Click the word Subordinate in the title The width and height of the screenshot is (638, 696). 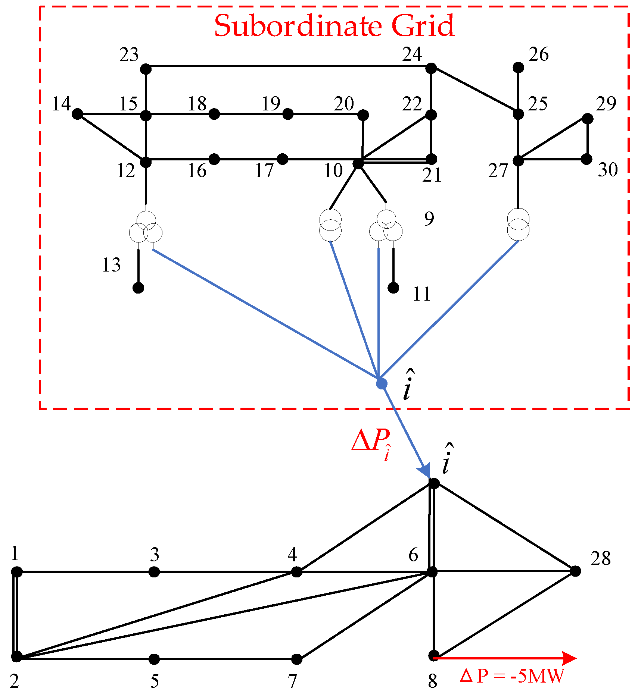[x=297, y=26]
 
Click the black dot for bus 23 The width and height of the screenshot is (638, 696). [x=146, y=69]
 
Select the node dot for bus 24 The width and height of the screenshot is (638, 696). [x=431, y=68]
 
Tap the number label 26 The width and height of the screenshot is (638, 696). [x=538, y=54]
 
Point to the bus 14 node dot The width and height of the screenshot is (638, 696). [x=77, y=114]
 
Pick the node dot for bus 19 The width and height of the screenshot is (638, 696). [x=288, y=114]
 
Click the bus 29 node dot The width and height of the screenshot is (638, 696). [x=588, y=119]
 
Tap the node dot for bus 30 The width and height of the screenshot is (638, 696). [x=587, y=159]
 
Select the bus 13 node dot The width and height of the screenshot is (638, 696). [x=138, y=288]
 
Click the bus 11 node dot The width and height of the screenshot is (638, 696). [x=393, y=288]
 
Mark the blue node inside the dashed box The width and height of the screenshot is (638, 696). [x=382, y=384]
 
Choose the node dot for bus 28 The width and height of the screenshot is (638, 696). [x=576, y=571]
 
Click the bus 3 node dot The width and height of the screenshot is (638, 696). [x=154, y=572]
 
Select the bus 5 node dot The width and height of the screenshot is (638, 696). [x=154, y=659]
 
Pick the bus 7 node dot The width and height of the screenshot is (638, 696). [x=297, y=659]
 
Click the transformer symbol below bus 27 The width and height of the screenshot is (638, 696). [x=518, y=224]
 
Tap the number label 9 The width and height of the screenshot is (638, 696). [x=429, y=219]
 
